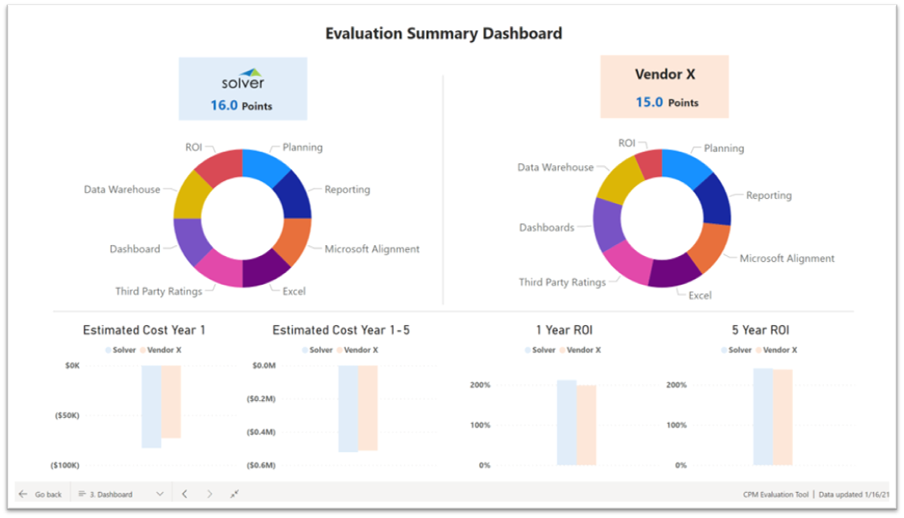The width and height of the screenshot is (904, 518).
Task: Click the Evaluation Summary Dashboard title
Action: [x=444, y=34]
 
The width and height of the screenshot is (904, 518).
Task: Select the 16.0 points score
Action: [x=242, y=106]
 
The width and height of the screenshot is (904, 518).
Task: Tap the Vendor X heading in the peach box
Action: [x=665, y=75]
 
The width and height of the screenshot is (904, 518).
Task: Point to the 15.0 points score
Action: [x=667, y=102]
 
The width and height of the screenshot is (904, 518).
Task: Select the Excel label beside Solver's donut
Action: [x=294, y=291]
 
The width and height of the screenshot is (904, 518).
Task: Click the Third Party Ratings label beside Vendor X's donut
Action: [x=562, y=282]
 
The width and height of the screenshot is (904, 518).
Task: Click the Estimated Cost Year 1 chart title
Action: [x=144, y=330]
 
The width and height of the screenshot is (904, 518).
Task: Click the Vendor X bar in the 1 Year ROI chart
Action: [x=586, y=425]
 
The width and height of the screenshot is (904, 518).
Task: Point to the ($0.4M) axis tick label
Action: [x=263, y=432]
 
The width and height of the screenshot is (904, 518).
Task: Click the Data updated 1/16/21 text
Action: [x=853, y=494]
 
